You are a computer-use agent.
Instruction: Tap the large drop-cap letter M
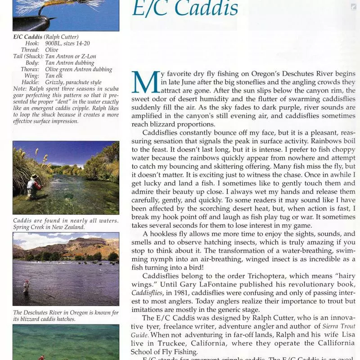coord(143,83)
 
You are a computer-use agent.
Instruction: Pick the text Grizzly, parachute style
coord(73,82)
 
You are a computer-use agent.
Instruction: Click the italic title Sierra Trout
coord(333,326)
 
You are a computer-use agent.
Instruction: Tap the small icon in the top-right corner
coord(354,7)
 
